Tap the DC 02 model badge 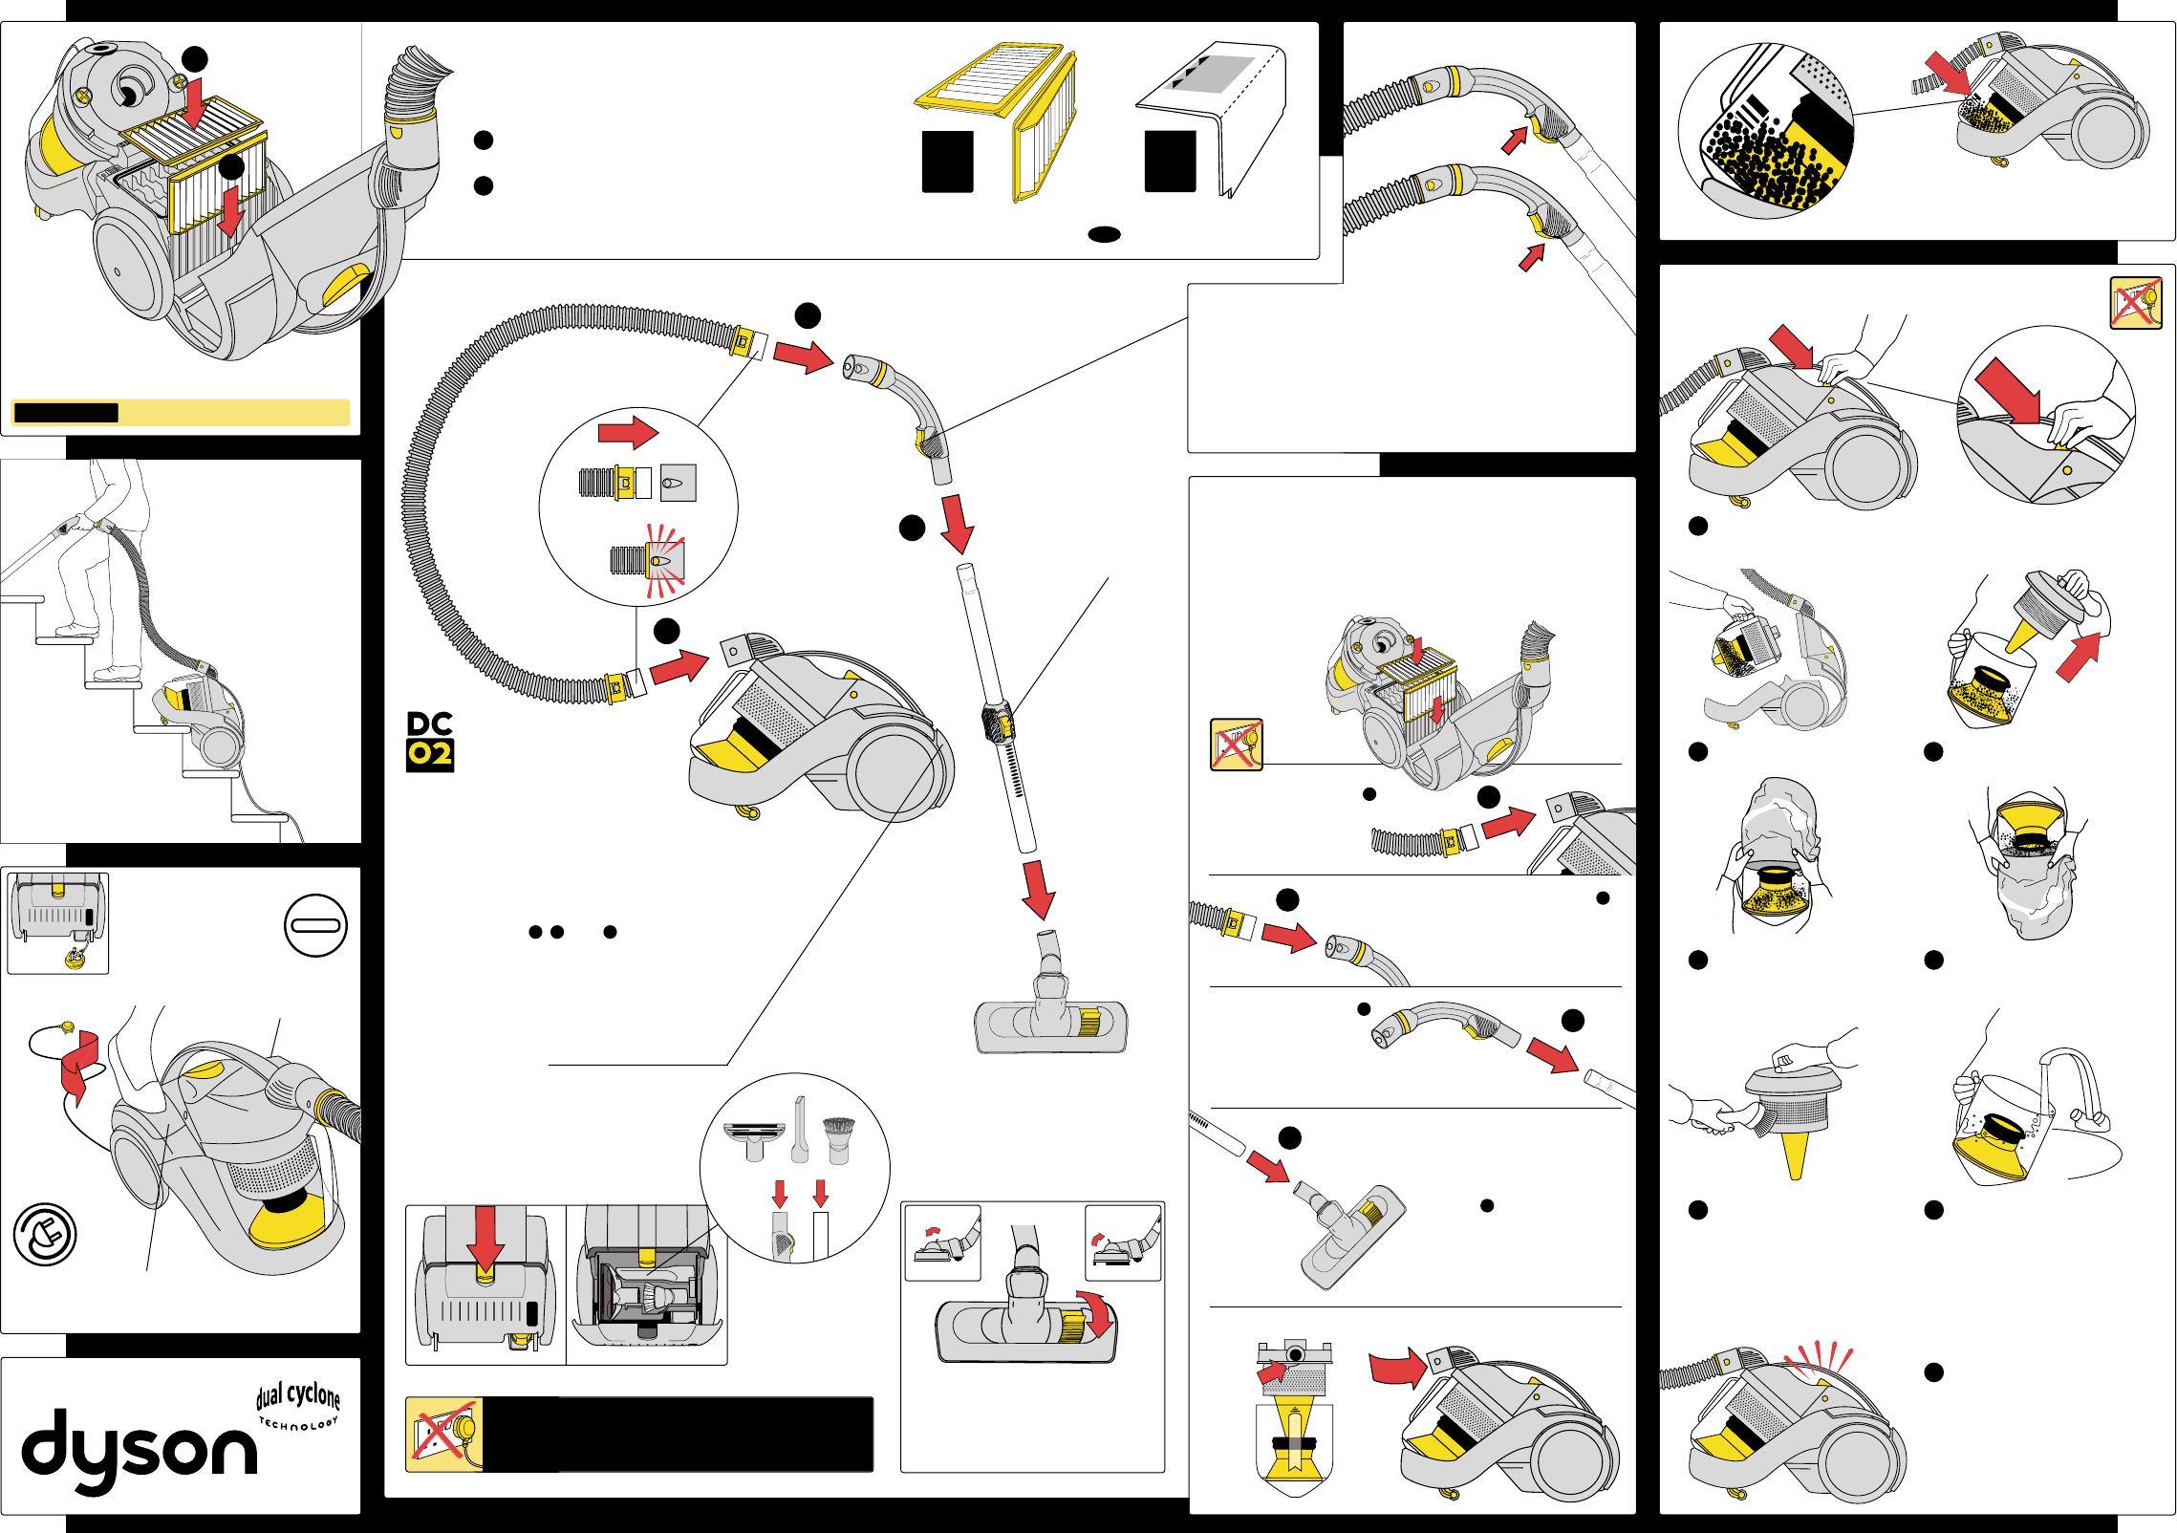429,741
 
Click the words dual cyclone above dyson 298,1395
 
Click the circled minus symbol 315,925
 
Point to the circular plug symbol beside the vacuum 45,1235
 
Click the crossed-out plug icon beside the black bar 443,1434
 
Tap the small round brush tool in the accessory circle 838,1137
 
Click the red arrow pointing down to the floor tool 1038,890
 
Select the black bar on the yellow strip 66,413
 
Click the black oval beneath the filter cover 1104,234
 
